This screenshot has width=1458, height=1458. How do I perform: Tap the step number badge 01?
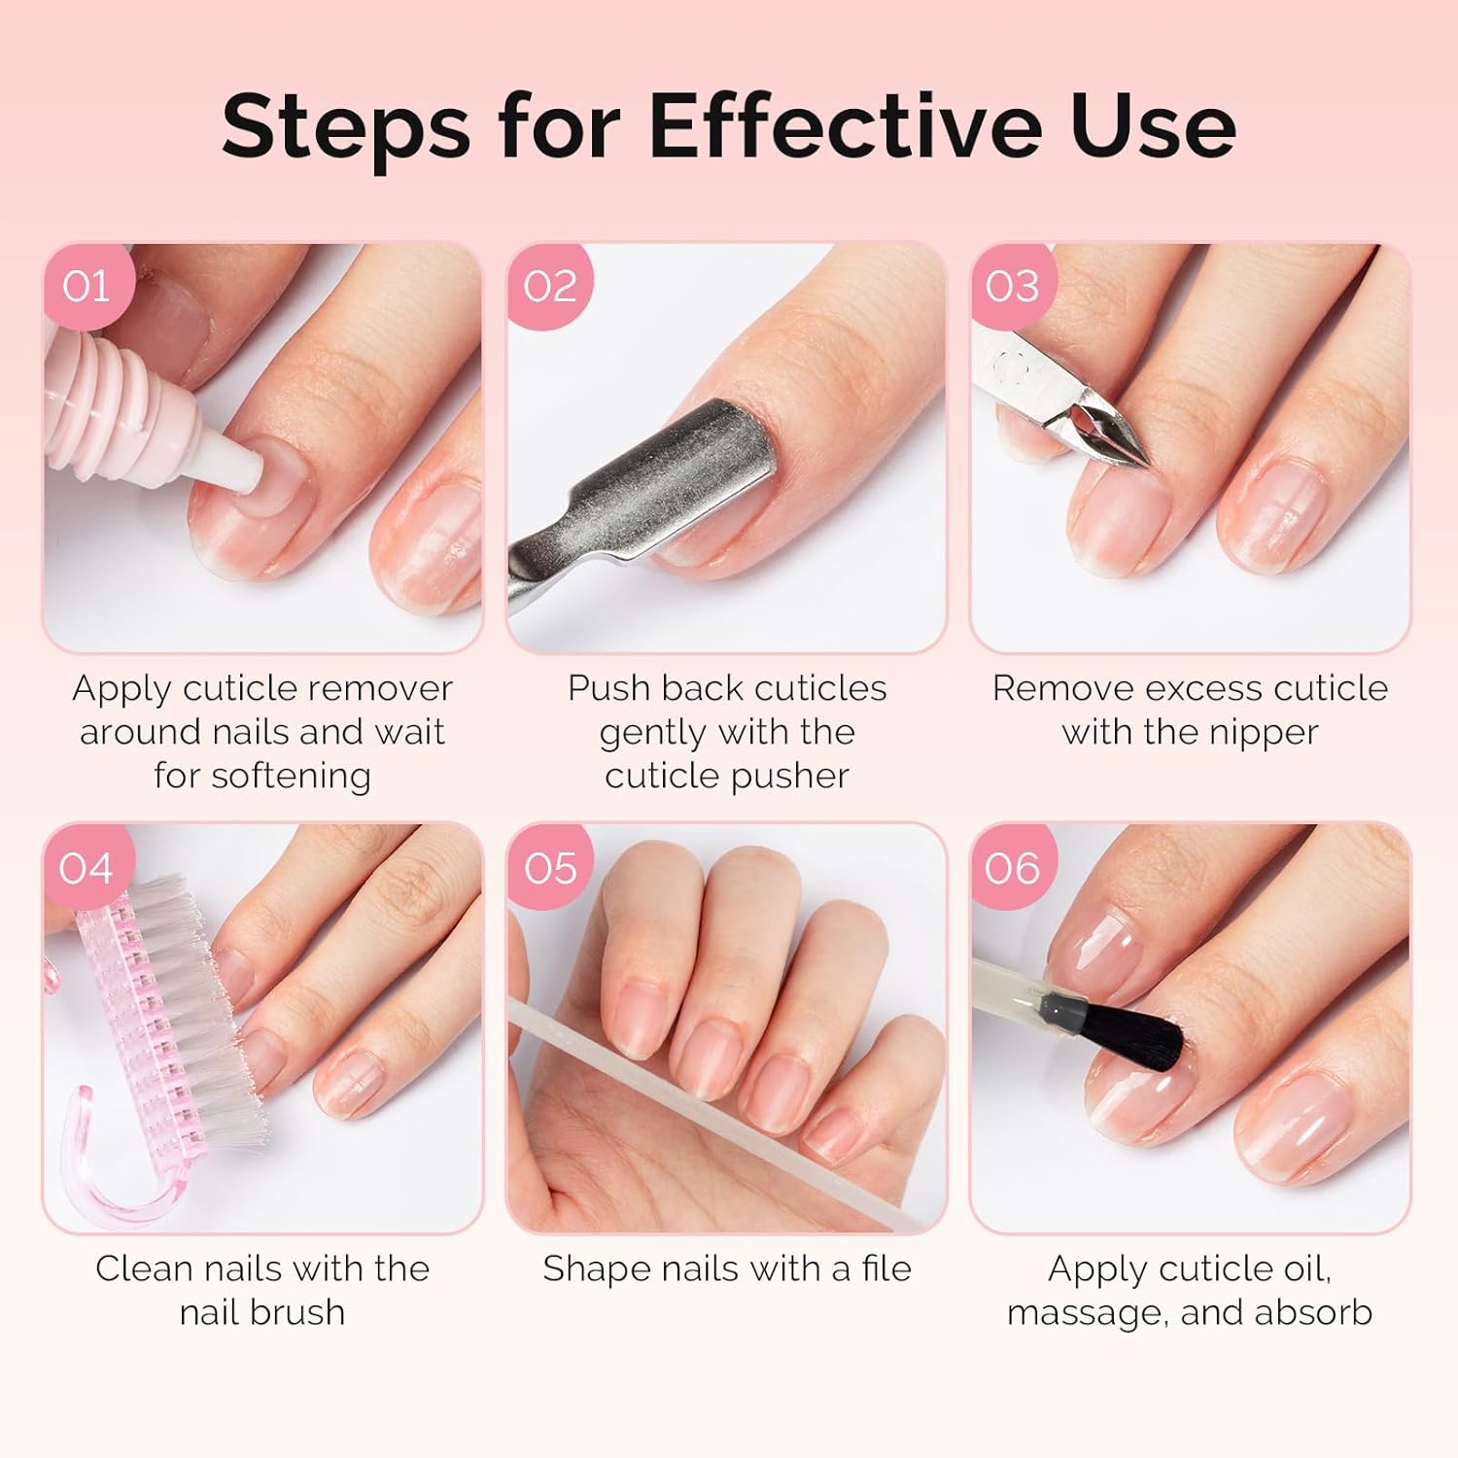tap(86, 287)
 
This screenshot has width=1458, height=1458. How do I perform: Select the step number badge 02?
tap(550, 287)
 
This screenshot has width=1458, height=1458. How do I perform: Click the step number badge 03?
tap(1012, 287)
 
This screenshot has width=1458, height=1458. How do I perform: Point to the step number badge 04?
tap(86, 868)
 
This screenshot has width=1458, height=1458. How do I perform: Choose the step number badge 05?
tap(550, 868)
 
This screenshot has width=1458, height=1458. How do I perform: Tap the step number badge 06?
tap(1012, 868)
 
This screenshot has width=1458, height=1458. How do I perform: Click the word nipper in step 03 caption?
tap(1265, 732)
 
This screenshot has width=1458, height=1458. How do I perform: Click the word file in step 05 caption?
tap(885, 1268)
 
